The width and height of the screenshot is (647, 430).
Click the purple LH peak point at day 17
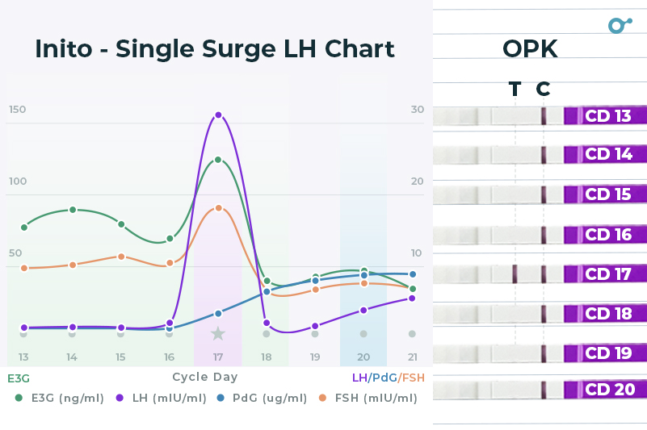tap(217, 115)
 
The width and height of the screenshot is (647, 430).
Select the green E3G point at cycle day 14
tap(73, 210)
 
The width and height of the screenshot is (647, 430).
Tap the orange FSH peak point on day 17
tap(218, 208)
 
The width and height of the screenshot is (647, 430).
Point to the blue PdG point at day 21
tap(412, 274)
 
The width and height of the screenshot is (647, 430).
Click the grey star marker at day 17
tap(217, 333)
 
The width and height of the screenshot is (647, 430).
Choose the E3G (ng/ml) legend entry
tap(61, 398)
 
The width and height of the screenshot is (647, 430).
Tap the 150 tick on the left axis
tap(17, 110)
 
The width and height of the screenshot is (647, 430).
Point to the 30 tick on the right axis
tap(417, 110)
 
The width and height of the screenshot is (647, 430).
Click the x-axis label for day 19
tap(315, 357)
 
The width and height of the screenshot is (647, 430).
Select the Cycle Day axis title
tap(204, 377)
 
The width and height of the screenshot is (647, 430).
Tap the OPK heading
tap(530, 49)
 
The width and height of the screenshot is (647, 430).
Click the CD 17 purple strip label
tap(607, 274)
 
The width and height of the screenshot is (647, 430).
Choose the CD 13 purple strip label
tap(607, 116)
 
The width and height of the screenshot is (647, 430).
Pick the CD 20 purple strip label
tap(607, 390)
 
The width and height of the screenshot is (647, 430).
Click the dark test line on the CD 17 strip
tap(515, 273)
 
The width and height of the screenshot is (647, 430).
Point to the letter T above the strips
tap(515, 89)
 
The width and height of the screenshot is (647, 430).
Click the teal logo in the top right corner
tap(619, 24)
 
